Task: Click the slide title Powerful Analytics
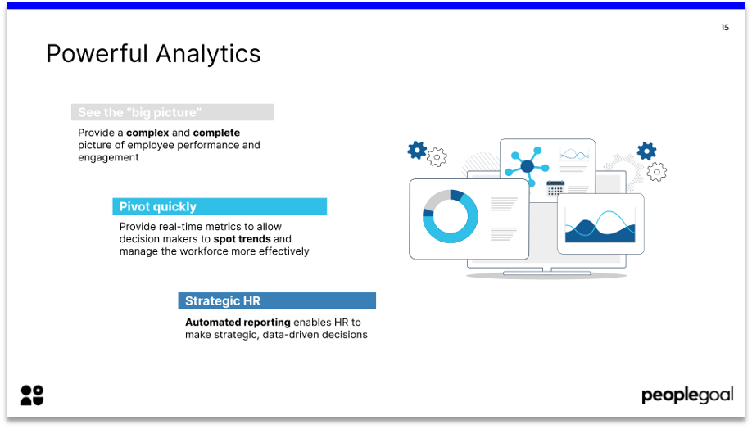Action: click(x=153, y=54)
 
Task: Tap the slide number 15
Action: click(x=725, y=27)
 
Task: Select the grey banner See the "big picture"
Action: click(x=173, y=112)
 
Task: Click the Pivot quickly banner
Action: click(x=220, y=206)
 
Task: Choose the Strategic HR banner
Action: click(x=277, y=301)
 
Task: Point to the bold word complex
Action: click(x=147, y=133)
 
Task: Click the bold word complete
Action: click(x=217, y=133)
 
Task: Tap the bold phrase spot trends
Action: click(x=242, y=239)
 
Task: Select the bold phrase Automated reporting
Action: click(x=238, y=323)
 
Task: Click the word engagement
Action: click(x=108, y=158)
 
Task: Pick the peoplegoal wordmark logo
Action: click(x=687, y=395)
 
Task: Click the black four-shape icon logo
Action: click(x=32, y=395)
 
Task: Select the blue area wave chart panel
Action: click(x=600, y=224)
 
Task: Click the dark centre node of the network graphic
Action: click(x=527, y=166)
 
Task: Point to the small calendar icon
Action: click(x=555, y=188)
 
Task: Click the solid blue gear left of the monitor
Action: click(x=417, y=150)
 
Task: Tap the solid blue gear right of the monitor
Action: click(x=646, y=151)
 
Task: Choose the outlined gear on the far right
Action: click(x=656, y=172)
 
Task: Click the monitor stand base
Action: click(x=546, y=273)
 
